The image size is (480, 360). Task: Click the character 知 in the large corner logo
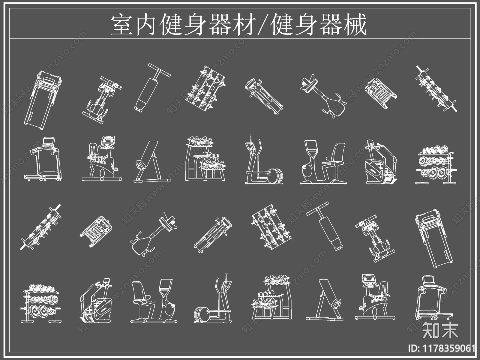coord(431,330)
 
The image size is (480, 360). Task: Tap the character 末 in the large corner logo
coord(449,330)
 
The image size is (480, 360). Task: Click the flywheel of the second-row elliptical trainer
coord(275,176)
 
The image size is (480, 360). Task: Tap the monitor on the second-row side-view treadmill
coord(49,142)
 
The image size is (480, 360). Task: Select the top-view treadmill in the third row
coord(433,238)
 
